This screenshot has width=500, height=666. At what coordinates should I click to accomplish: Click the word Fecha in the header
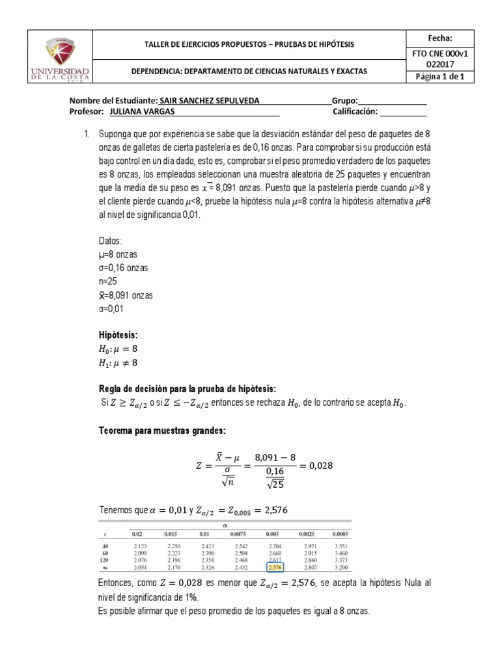pos(439,38)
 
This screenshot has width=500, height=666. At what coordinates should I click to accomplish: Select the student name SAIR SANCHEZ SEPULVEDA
pos(205,101)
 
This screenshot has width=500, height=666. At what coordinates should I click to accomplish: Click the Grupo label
pos(345,101)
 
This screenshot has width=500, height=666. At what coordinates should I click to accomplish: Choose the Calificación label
pos(359,111)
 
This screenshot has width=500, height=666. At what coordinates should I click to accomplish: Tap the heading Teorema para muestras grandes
pos(161,430)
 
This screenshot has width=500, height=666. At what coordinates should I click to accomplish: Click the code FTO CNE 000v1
pos(439,55)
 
